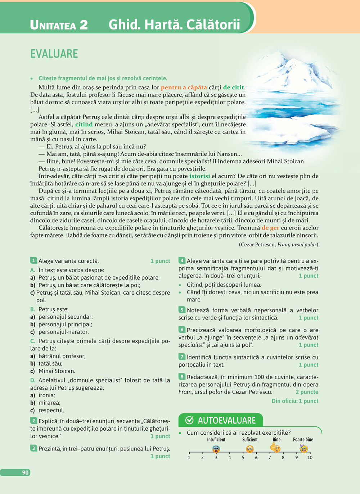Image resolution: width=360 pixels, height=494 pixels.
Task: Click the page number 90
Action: [25, 472]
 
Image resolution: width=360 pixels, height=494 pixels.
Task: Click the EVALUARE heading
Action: [54, 54]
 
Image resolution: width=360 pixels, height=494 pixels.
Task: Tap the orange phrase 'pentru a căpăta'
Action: [184, 87]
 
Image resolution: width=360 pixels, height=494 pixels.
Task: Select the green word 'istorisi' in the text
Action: [200, 176]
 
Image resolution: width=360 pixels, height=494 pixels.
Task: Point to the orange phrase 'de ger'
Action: [270, 228]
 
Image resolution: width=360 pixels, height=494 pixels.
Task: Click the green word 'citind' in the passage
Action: [84, 124]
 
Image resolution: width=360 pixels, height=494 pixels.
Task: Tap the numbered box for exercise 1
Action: [33, 260]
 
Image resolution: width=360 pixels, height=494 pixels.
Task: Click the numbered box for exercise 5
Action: [182, 310]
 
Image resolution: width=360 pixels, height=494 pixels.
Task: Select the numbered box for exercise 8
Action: [182, 377]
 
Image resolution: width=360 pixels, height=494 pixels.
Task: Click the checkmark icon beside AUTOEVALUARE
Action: [189, 420]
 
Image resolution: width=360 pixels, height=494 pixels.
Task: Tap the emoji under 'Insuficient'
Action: [216, 448]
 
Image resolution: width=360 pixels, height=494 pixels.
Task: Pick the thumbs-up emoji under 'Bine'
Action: [275, 448]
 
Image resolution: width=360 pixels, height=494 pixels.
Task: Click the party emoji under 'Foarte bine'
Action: [304, 448]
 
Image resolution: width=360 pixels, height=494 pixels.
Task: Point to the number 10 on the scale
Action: [310, 458]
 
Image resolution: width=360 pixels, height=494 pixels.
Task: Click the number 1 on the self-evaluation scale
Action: [189, 458]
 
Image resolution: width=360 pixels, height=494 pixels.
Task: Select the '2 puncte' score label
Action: [307, 392]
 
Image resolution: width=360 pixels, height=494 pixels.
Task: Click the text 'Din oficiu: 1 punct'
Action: [295, 401]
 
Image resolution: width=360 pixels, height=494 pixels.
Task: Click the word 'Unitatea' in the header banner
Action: [53, 25]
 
